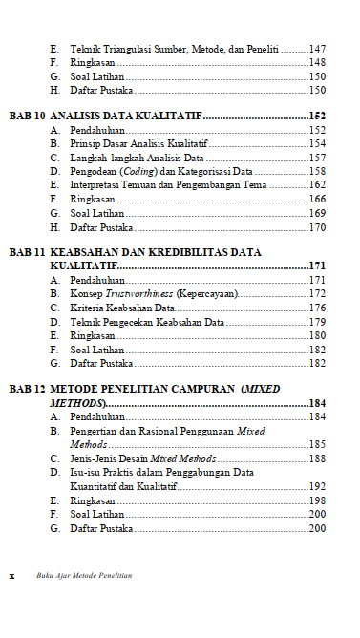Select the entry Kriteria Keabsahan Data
click(x=121, y=308)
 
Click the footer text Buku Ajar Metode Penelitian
click(x=84, y=576)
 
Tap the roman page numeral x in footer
click(x=11, y=576)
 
